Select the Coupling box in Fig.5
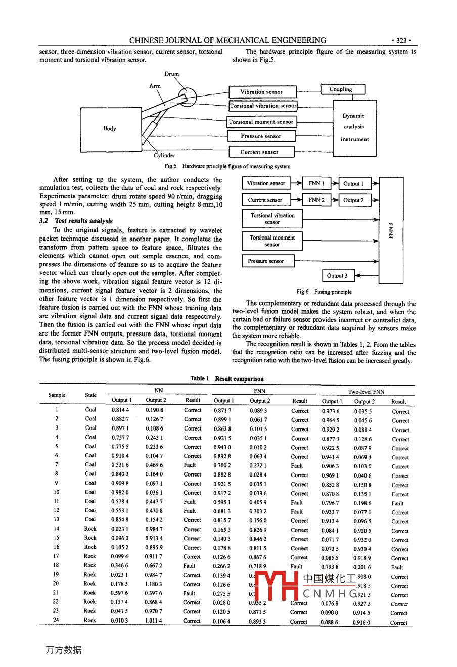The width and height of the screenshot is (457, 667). pyautogui.click(x=342, y=89)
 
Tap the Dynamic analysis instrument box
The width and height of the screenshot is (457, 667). pyautogui.click(x=354, y=127)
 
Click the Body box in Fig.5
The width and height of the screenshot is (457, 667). pyautogui.click(x=110, y=129)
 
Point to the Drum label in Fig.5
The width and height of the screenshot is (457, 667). pyautogui.click(x=172, y=74)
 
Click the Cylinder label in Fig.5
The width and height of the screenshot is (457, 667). pyautogui.click(x=165, y=156)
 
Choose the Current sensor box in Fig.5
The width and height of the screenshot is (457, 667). pyautogui.click(x=260, y=152)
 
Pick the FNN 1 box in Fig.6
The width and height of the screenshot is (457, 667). pyautogui.click(x=316, y=183)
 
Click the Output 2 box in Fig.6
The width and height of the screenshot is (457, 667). pyautogui.click(x=353, y=200)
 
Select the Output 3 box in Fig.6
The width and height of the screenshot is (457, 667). pyautogui.click(x=337, y=276)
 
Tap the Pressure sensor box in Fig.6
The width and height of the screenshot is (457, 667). pyautogui.click(x=266, y=261)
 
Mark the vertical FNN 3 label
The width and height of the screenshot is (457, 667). pyautogui.click(x=391, y=230)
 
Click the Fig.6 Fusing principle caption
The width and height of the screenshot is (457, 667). pyautogui.click(x=324, y=292)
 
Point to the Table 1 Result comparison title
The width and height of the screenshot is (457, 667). pyautogui.click(x=227, y=378)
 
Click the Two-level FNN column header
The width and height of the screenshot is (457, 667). pyautogui.click(x=366, y=392)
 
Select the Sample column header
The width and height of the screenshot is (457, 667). pyautogui.click(x=57, y=395)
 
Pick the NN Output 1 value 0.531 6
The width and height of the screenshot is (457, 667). pyautogui.click(x=120, y=465)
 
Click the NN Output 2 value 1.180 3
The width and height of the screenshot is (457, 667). pyautogui.click(x=154, y=584)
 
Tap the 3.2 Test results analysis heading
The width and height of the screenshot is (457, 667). pyautogui.click(x=76, y=221)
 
